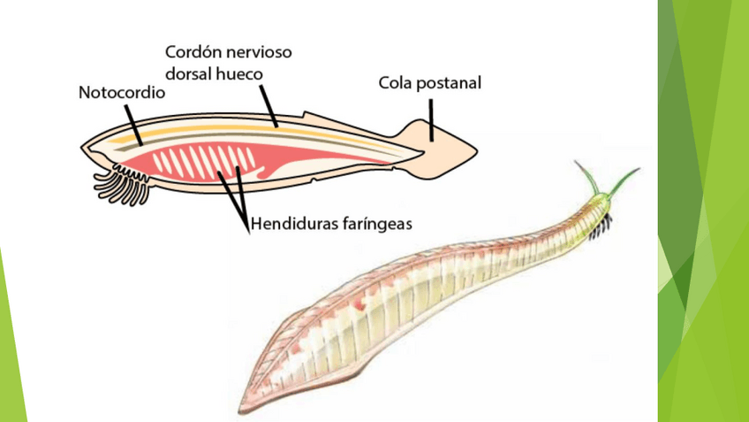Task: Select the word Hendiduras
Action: [x=294, y=224]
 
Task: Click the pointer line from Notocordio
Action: [x=133, y=122]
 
